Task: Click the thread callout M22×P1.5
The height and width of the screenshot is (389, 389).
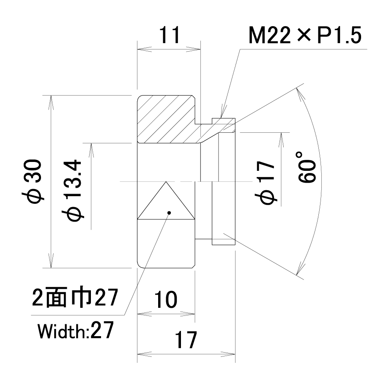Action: click(x=305, y=35)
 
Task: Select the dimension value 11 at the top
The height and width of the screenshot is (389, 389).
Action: click(x=170, y=35)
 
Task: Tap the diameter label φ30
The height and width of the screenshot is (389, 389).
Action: click(x=32, y=181)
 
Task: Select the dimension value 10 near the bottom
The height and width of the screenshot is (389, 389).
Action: click(x=166, y=299)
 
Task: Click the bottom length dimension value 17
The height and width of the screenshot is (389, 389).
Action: click(x=186, y=340)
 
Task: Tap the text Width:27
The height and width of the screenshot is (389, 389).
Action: click(x=76, y=330)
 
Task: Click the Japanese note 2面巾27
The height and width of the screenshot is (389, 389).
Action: click(x=75, y=297)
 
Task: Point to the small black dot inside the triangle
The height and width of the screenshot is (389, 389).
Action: click(x=169, y=213)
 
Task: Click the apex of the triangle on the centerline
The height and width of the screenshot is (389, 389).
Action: click(x=166, y=182)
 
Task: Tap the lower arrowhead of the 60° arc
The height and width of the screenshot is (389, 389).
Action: click(x=300, y=268)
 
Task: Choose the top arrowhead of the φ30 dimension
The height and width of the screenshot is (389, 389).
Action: click(x=51, y=102)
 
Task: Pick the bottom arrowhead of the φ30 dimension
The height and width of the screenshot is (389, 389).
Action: click(x=51, y=261)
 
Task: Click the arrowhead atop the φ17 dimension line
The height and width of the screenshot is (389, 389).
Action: click(x=281, y=140)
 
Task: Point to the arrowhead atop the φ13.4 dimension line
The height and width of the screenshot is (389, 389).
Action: click(x=91, y=151)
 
